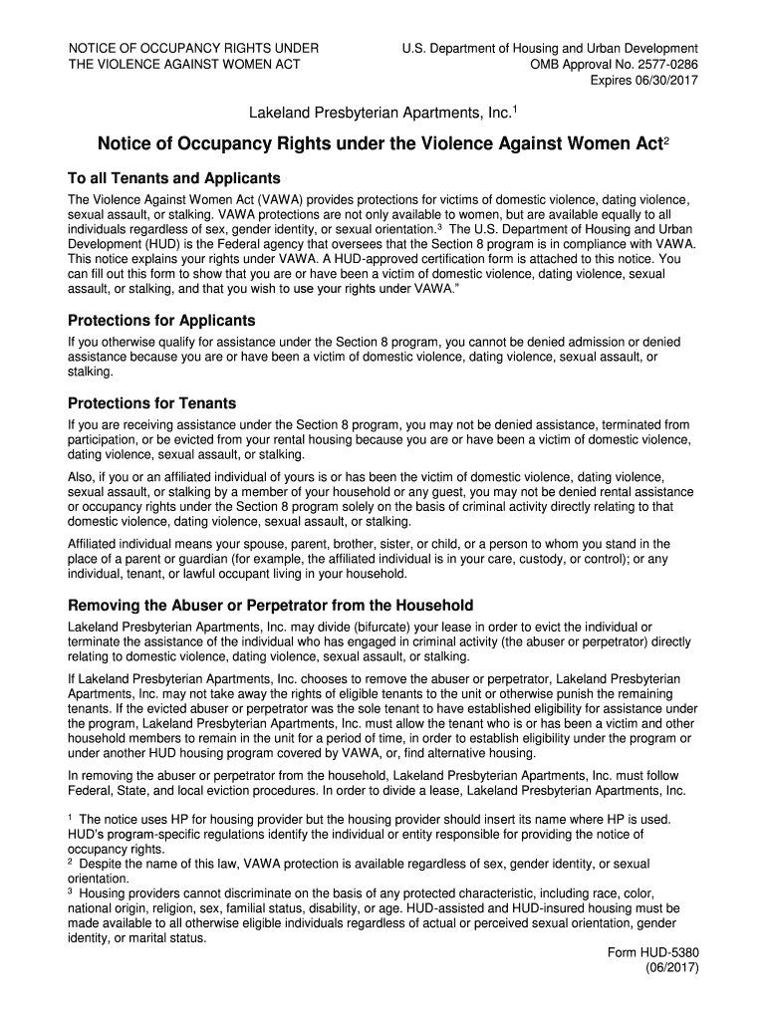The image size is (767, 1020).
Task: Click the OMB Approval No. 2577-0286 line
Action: pos(614,65)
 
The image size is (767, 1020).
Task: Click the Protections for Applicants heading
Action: pos(161,321)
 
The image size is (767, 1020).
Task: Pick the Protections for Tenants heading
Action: pos(151,403)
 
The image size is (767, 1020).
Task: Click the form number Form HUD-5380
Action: pos(652,952)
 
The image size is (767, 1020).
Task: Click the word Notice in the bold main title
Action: pos(128,143)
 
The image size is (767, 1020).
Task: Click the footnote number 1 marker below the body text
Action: pos(71,817)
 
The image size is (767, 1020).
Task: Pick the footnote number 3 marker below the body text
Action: pos(71,892)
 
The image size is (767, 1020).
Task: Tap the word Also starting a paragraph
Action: pos(82,477)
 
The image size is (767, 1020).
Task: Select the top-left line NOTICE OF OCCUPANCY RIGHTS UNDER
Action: pos(193,49)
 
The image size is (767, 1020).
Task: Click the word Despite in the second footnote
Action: pos(102,864)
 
